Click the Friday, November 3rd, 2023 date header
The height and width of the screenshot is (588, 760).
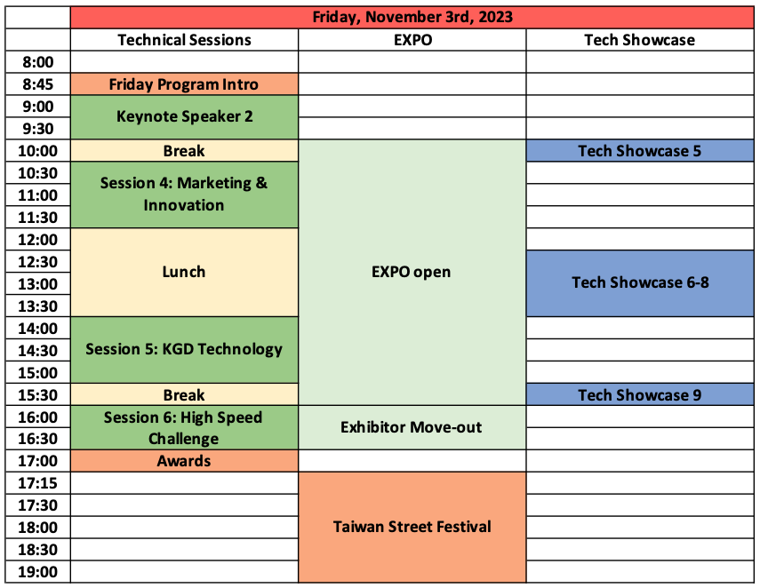pos(412,18)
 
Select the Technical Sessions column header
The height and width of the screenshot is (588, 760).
pos(184,40)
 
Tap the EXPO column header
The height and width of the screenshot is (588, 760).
pos(412,40)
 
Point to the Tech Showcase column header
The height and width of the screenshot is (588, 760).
pos(640,40)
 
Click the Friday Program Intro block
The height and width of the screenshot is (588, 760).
pos(184,84)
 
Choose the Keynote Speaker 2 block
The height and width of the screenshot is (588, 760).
pos(184,117)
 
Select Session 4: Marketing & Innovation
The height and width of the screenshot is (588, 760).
pos(184,195)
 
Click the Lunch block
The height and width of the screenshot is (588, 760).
pos(184,272)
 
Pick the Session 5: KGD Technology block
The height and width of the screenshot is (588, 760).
pos(184,350)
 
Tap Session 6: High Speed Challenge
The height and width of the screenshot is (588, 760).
pos(184,428)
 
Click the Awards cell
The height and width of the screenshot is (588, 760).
pos(184,461)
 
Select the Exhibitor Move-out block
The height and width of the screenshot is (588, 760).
pos(412,428)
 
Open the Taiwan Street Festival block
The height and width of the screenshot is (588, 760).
pos(412,527)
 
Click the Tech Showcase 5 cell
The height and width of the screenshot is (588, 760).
pos(640,151)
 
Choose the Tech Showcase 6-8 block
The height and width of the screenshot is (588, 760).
pos(640,283)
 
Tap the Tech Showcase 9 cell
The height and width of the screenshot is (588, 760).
pos(640,394)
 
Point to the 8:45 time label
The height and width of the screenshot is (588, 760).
pos(38,84)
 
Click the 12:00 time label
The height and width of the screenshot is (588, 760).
pos(38,240)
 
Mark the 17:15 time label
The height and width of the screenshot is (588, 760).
pos(38,483)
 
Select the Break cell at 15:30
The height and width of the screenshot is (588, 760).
pos(184,394)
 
